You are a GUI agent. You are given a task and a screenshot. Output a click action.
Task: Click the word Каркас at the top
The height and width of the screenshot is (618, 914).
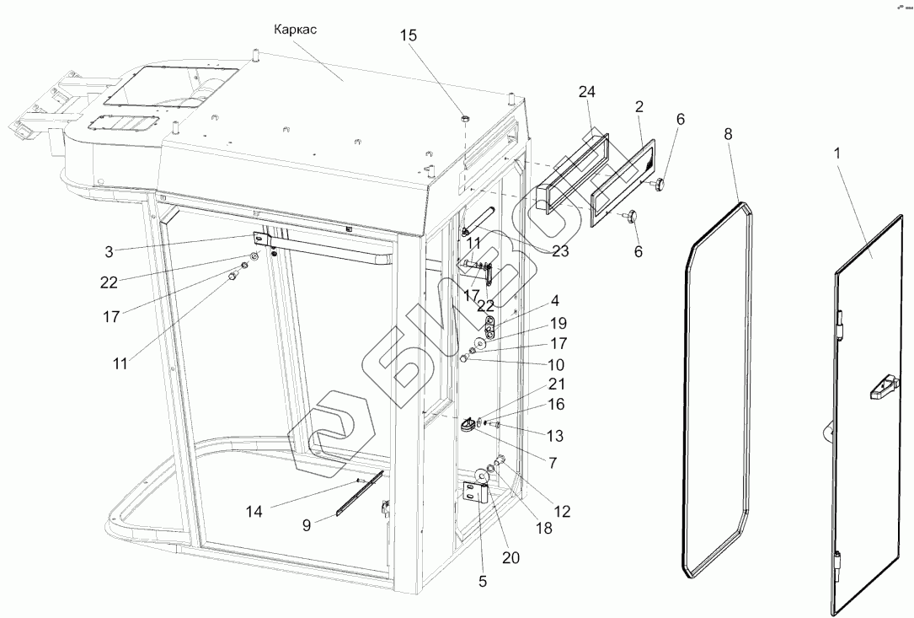295,30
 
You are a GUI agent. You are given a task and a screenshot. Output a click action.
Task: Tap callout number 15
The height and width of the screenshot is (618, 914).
409,36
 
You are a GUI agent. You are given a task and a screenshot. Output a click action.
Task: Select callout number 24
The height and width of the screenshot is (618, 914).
588,92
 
